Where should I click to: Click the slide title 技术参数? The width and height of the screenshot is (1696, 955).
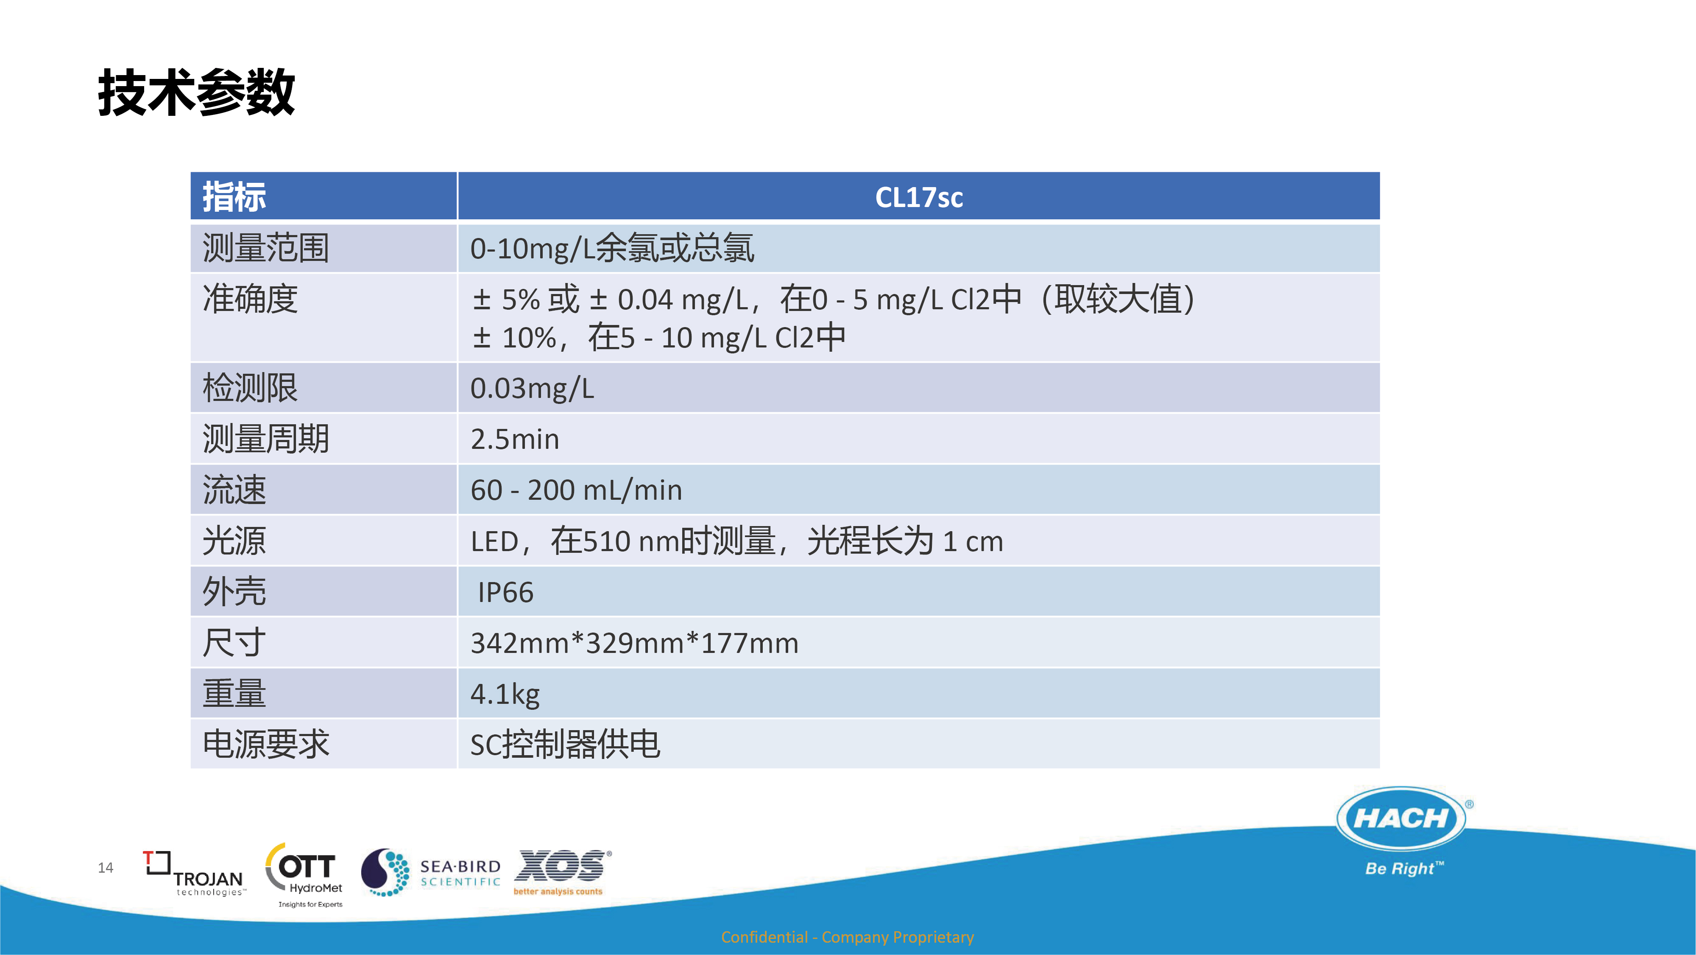196,92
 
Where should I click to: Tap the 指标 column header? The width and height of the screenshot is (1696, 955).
234,197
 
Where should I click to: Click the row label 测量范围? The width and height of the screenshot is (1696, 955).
265,248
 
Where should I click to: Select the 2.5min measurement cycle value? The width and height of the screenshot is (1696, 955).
515,439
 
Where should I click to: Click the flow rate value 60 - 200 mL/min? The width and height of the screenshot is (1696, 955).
576,490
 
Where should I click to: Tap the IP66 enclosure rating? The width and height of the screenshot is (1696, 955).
506,592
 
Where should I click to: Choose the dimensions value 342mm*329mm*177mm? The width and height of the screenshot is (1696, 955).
634,643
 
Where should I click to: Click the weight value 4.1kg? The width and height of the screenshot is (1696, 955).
505,694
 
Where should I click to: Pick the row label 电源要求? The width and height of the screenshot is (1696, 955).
265,744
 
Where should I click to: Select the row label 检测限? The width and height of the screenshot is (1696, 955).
250,388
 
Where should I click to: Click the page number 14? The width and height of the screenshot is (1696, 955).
105,868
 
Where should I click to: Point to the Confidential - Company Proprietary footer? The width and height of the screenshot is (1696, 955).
847,937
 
